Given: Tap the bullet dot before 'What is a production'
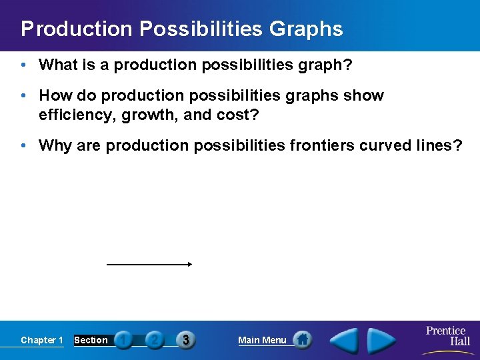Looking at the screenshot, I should pyautogui.click(x=24, y=65).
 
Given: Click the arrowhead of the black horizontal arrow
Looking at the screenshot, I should pyautogui.click(x=190, y=264).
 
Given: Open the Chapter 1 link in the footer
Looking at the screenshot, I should pyautogui.click(x=42, y=340).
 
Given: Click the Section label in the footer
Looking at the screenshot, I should pyautogui.click(x=91, y=340).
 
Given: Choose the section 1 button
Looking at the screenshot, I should pyautogui.click(x=123, y=340).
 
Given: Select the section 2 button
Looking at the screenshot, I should pyautogui.click(x=154, y=340).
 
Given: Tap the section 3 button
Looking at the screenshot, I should pyautogui.click(x=185, y=340).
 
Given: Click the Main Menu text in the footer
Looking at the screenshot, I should pyautogui.click(x=262, y=340).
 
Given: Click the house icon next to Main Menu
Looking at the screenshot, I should pyautogui.click(x=302, y=340).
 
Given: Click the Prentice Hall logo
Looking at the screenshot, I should pyautogui.click(x=447, y=336).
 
